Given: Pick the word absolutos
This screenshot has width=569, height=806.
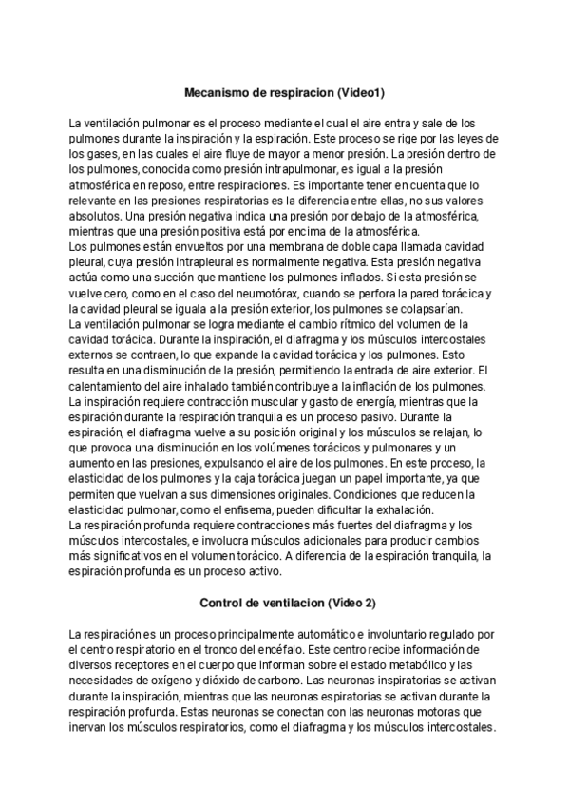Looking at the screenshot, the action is pos(96,216).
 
